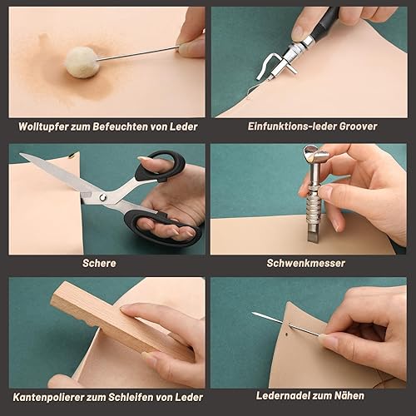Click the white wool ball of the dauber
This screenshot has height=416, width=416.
click(x=82, y=62)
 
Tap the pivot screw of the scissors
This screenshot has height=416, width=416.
click(x=103, y=197)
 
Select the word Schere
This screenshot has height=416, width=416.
click(x=99, y=263)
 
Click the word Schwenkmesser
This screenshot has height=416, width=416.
click(x=306, y=263)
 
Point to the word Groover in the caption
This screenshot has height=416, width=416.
click(x=358, y=126)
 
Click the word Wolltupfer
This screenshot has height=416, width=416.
click(x=43, y=126)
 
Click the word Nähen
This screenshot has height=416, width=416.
click(x=349, y=395)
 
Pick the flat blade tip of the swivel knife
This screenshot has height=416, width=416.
click(x=313, y=235)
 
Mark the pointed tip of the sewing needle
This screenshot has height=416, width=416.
click(x=253, y=313)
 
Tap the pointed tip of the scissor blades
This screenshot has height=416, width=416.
click(x=21, y=154)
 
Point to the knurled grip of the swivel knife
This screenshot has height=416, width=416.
click(x=314, y=206)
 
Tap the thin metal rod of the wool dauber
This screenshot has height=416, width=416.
click(x=138, y=53)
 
